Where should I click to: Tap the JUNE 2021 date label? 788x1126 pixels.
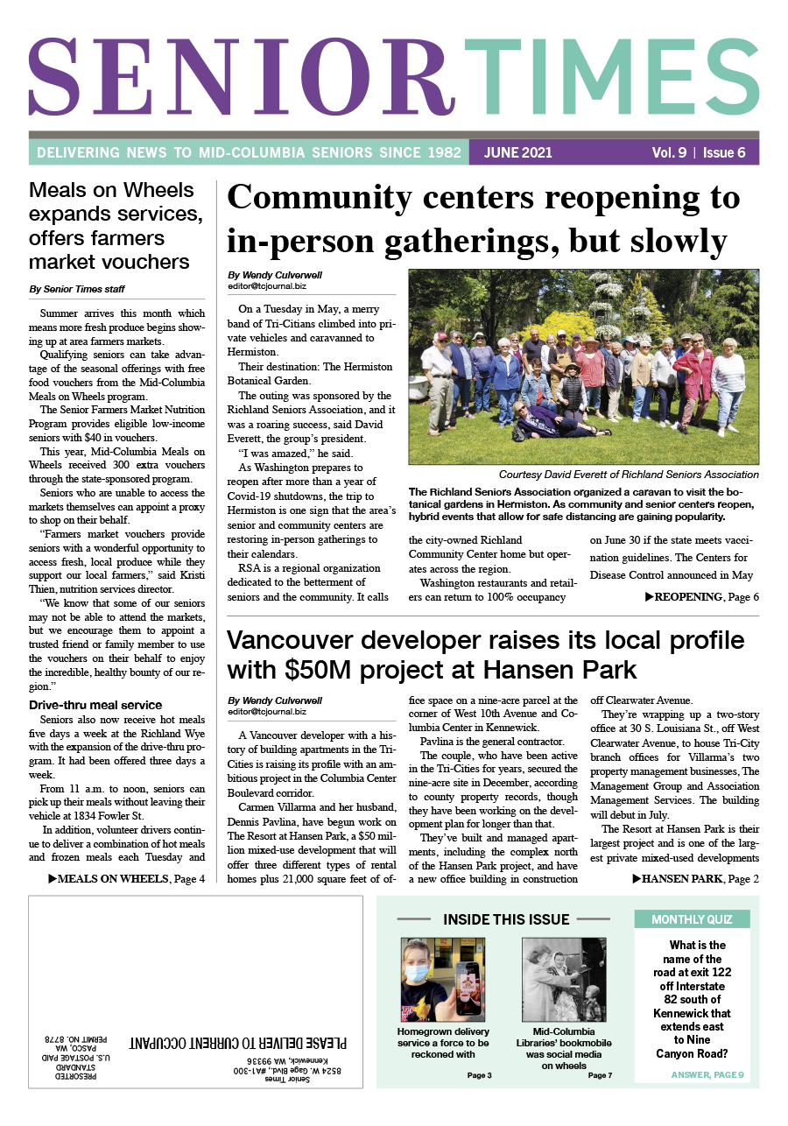point(518,152)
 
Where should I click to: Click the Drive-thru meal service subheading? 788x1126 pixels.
point(95,705)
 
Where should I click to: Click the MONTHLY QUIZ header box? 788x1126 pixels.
point(692,919)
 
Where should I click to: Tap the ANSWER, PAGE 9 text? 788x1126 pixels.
point(707,1074)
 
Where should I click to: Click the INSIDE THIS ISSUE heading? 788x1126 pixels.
point(506,919)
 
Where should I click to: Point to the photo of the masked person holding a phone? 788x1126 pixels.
point(431,978)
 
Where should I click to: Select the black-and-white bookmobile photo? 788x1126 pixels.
point(564,978)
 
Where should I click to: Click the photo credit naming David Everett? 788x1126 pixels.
point(629,475)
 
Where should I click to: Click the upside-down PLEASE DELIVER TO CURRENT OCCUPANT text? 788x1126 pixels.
point(238,1043)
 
